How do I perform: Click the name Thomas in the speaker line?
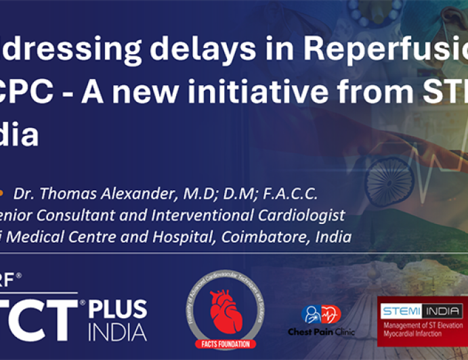tap(75, 194)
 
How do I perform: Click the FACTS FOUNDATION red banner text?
tap(226, 344)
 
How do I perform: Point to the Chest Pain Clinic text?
tap(321, 332)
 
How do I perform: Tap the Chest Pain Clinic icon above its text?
tap(321, 315)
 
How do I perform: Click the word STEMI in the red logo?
tap(401, 312)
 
